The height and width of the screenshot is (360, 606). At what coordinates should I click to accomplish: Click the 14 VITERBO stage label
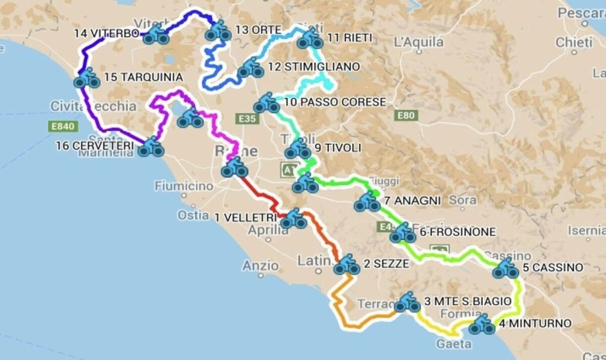point(107,33)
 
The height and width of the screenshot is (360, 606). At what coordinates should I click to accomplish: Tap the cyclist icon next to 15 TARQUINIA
point(87,79)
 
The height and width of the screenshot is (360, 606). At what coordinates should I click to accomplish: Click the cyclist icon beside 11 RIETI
point(310,40)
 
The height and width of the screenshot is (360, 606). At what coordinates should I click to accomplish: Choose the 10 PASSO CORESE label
point(335,102)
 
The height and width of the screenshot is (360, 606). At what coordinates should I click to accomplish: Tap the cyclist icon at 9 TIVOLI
point(298,149)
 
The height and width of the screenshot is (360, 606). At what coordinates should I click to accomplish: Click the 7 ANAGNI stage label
point(412,201)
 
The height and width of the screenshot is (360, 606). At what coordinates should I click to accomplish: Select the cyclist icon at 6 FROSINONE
point(403,234)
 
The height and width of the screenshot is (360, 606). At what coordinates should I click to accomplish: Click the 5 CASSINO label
point(552,268)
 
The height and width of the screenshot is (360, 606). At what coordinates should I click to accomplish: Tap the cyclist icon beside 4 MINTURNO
point(482,325)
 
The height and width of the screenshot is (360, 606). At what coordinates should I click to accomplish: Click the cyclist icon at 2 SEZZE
point(347,265)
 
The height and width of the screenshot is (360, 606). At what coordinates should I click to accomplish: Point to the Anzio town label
point(261,266)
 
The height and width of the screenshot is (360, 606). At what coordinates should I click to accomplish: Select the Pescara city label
point(581,12)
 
